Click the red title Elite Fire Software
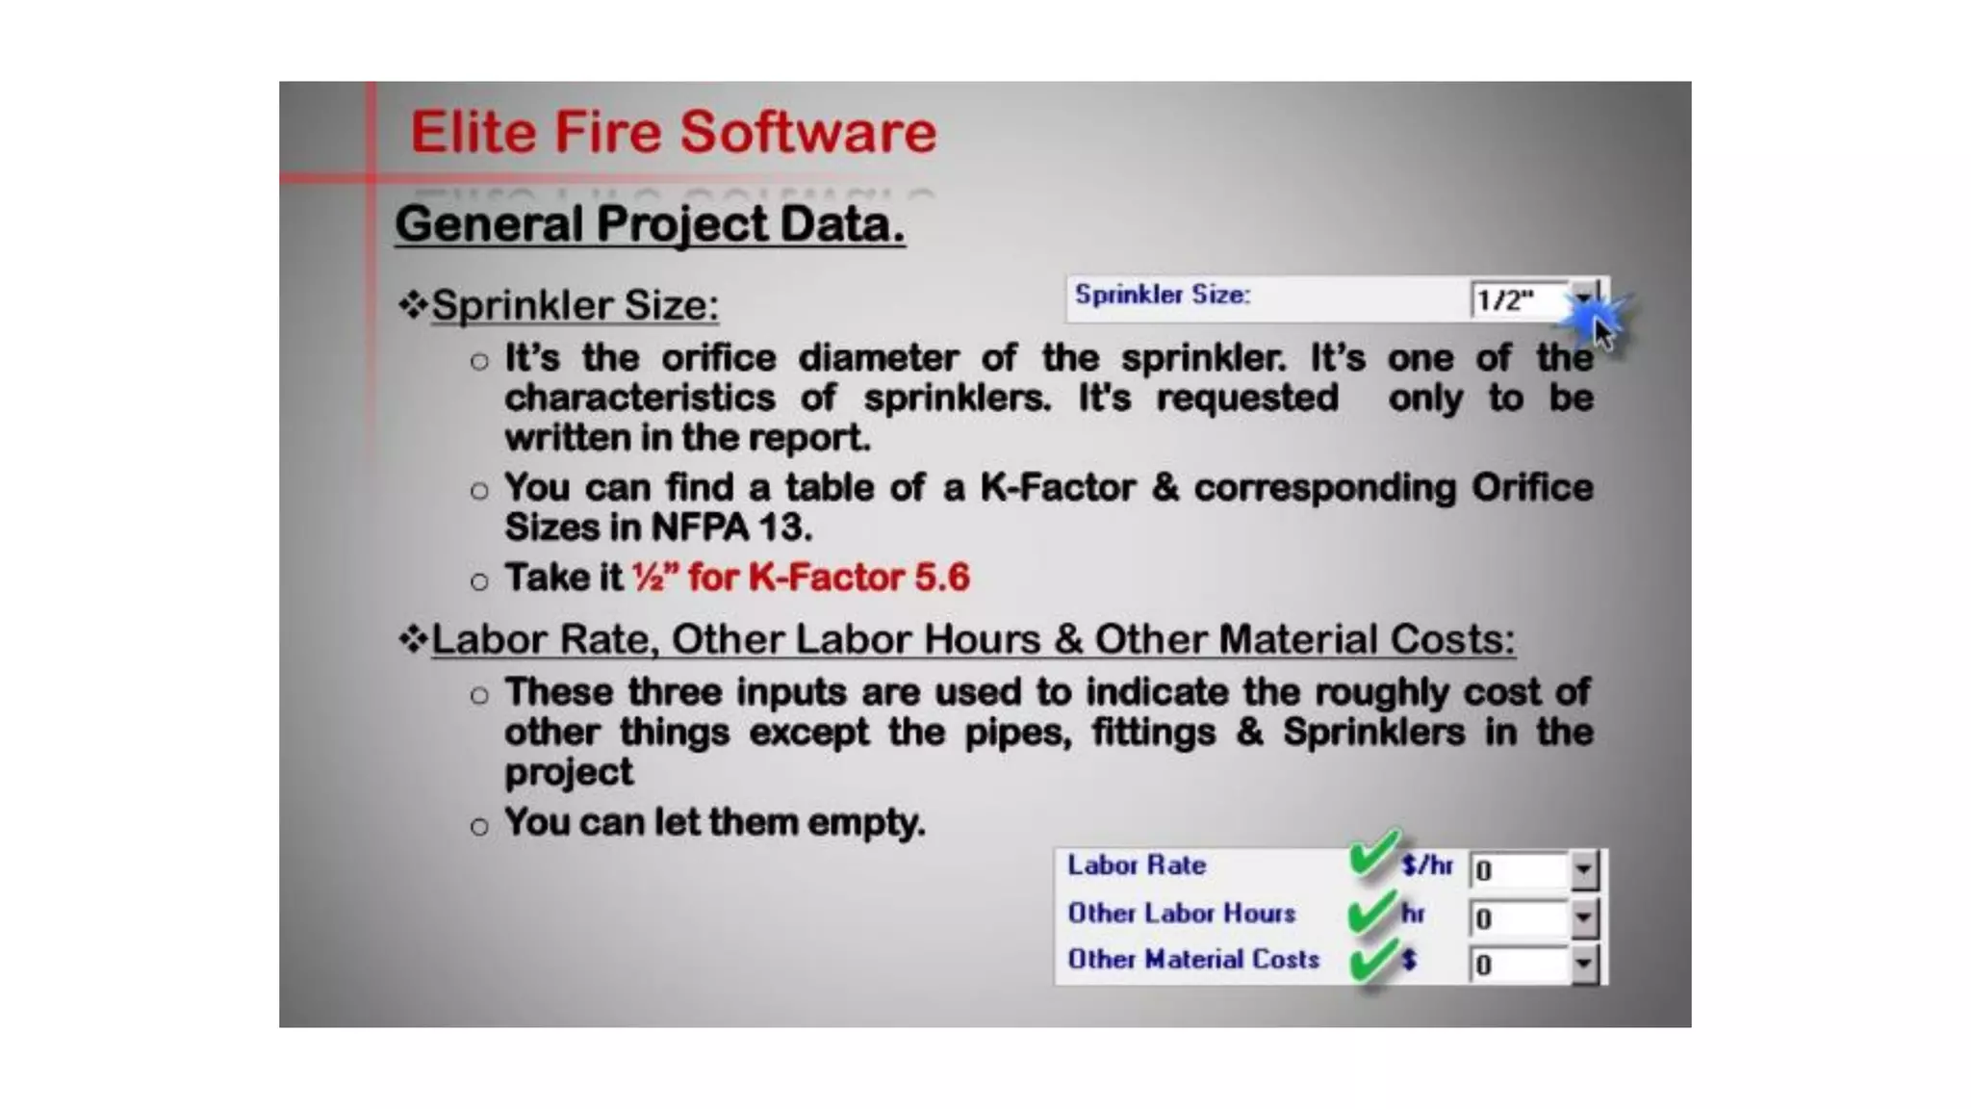pos(673,132)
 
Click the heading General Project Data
pos(650,224)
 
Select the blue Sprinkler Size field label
pos(1162,295)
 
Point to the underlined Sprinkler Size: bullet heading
pos(575,305)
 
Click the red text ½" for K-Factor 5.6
pos(801,578)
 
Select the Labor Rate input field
pos(1520,870)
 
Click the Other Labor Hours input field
pos(1520,918)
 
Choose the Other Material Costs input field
pos(1520,965)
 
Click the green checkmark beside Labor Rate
pos(1373,854)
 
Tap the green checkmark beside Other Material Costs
pos(1371,961)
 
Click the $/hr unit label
pos(1427,865)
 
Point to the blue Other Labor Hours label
pos(1181,913)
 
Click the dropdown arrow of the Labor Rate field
pos(1583,870)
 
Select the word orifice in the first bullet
pos(718,359)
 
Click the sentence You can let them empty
pos(714,823)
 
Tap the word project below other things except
pos(569,772)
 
